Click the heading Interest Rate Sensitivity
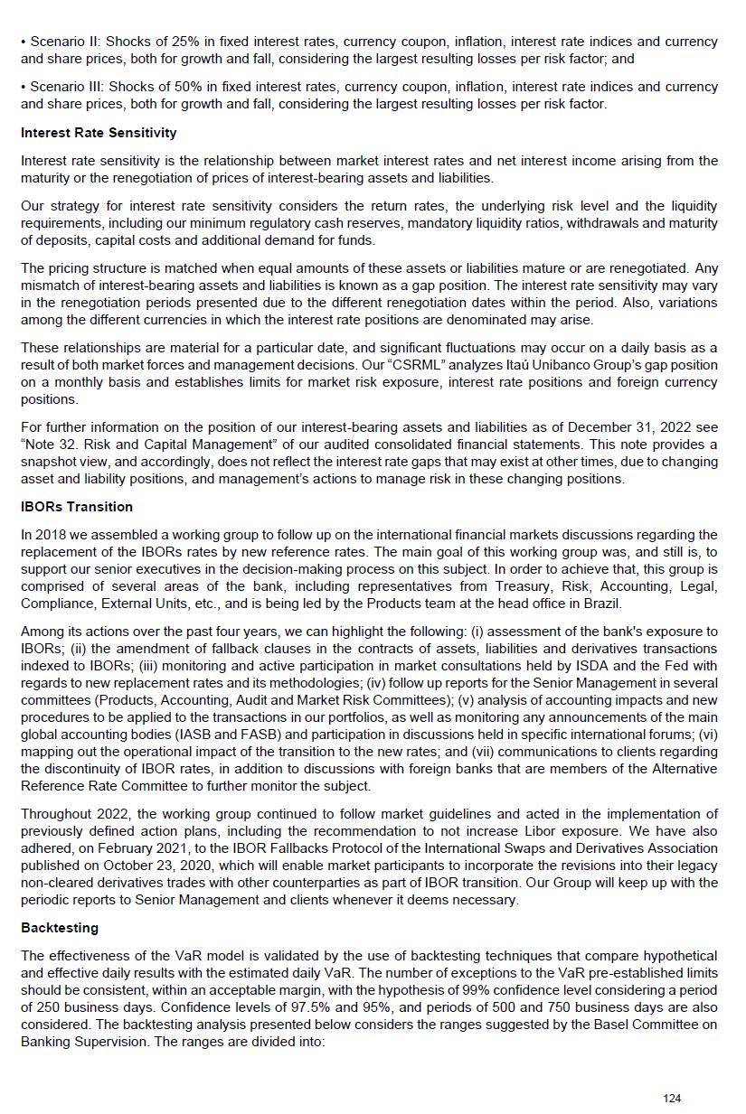point(99,133)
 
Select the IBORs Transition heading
point(77,507)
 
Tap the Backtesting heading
point(60,928)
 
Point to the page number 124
point(671,1099)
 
